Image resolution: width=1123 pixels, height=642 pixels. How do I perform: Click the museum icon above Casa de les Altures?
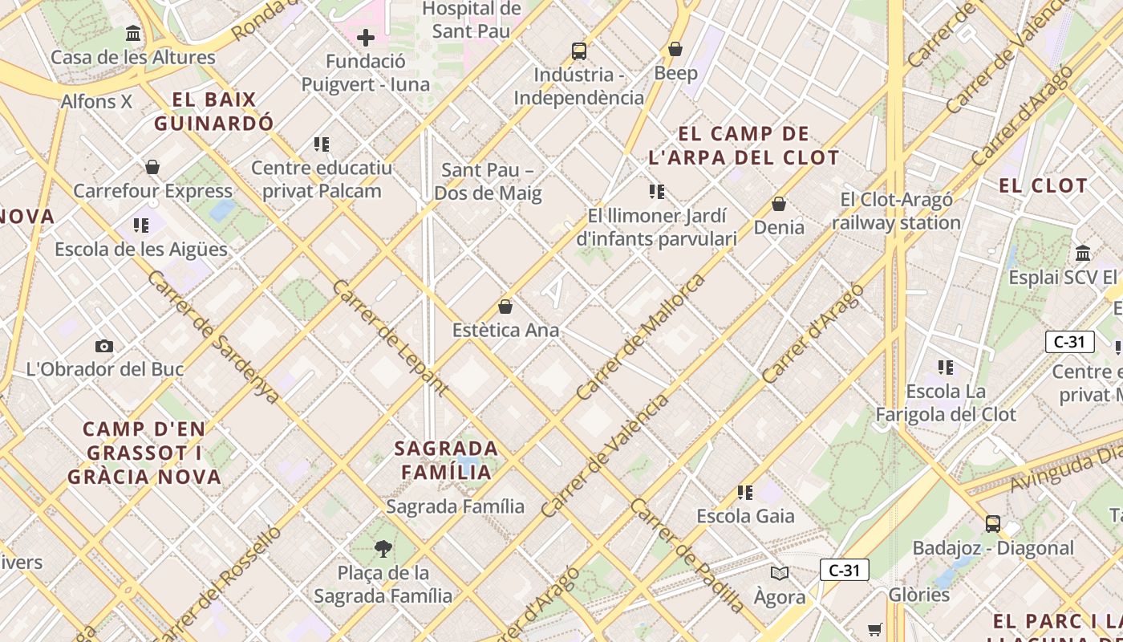tap(133, 34)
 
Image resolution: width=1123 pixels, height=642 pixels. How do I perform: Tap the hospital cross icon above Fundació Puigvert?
tap(366, 38)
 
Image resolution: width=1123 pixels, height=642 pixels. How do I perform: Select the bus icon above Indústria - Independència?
tap(579, 51)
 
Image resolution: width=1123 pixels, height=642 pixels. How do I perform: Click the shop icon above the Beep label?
tap(675, 50)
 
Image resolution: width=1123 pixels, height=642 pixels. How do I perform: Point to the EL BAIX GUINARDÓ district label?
tap(214, 112)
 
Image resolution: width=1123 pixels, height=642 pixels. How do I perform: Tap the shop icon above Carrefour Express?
tap(152, 168)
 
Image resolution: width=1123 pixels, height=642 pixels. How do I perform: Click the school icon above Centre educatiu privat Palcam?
tap(322, 144)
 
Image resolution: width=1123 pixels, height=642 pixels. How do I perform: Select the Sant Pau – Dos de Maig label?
tap(488, 181)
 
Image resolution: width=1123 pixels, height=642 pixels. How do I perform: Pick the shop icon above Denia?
tap(778, 204)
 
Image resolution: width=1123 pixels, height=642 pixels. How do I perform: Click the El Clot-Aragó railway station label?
tap(896, 211)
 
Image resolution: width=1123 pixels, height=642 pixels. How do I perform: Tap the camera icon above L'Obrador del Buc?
tap(104, 347)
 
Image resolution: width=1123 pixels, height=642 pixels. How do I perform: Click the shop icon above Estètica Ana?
tap(505, 307)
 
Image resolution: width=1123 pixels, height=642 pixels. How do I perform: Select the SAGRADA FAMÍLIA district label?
tap(447, 459)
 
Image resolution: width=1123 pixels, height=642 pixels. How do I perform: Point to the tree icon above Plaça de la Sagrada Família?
tap(383, 549)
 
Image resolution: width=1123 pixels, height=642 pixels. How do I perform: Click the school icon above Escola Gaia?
tap(745, 493)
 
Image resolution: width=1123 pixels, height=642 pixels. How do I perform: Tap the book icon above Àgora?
tap(780, 573)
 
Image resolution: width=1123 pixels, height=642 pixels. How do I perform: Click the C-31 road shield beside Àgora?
tap(845, 571)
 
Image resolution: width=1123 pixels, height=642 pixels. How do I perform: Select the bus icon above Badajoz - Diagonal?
tap(993, 524)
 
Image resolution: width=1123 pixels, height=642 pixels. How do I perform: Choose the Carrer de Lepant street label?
tap(389, 338)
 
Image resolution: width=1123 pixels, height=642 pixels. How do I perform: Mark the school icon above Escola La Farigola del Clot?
tap(946, 368)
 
